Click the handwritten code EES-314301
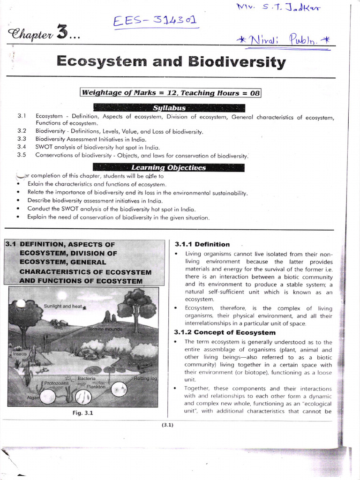tap(155, 21)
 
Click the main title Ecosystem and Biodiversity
tap(171, 62)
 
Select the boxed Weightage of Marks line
tap(171, 93)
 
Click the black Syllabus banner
tap(169, 108)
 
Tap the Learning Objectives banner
tap(168, 167)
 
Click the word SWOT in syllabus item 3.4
tap(44, 147)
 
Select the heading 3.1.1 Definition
tap(202, 244)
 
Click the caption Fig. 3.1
tap(86, 413)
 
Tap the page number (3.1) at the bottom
tap(167, 425)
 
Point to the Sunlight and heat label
tap(63, 306)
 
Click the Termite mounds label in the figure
tap(105, 330)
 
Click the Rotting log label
tap(145, 378)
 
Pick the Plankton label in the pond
tap(96, 387)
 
